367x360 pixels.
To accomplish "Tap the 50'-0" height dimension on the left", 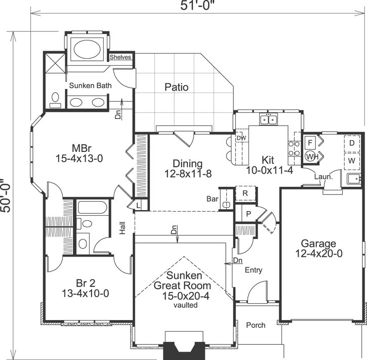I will pos(7,196).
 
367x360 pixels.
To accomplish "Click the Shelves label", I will pos(120,57).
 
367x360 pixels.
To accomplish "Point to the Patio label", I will pos(177,88).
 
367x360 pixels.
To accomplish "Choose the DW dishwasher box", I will pos(241,138).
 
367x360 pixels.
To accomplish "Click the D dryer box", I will pos(352,143).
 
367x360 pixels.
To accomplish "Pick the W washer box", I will pos(352,161).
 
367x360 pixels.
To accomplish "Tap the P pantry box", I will pos(248,214).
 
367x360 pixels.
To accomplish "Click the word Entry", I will pos(254,270).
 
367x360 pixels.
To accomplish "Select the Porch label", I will pos(256,325).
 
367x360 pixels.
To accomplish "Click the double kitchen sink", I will pos(268,119).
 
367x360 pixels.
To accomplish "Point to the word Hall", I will pos(122,229).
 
